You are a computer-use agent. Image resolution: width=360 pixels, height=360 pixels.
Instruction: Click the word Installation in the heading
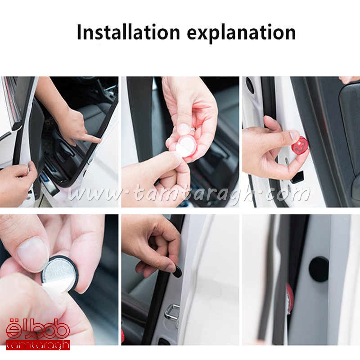click(x=128, y=32)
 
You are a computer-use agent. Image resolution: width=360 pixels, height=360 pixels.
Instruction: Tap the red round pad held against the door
click(x=300, y=147)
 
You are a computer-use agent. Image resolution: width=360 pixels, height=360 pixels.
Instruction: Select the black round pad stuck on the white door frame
click(x=319, y=269)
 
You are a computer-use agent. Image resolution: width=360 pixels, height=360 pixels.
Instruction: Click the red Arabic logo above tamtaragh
click(x=38, y=329)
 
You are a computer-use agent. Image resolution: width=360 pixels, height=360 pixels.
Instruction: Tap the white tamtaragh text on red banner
click(x=38, y=346)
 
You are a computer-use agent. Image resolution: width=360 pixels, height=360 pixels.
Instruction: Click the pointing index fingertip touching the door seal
click(x=98, y=139)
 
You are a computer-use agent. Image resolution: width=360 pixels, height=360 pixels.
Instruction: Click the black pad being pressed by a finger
click(x=177, y=272)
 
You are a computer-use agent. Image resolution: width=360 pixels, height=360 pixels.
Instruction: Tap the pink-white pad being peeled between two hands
click(x=185, y=147)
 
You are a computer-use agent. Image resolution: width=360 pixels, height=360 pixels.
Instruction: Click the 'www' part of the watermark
click(x=96, y=195)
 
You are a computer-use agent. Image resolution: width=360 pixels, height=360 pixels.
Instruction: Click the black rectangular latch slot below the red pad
click(x=297, y=177)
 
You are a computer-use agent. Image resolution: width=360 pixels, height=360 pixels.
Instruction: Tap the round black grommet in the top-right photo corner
click(x=250, y=85)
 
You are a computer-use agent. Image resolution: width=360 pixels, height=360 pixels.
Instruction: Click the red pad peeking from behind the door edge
click(x=290, y=297)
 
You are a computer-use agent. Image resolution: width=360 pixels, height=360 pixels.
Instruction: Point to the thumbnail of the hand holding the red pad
click(x=294, y=135)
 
